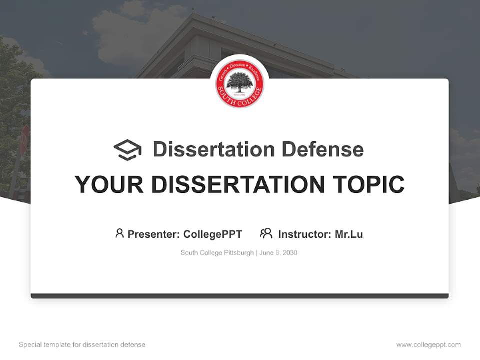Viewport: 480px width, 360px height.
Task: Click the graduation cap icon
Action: (127, 150)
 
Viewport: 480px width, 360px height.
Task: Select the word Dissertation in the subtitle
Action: (213, 149)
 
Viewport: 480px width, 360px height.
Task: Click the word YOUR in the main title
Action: (109, 184)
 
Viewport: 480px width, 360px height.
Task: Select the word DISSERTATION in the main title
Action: (237, 184)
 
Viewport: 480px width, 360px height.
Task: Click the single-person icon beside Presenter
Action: (119, 233)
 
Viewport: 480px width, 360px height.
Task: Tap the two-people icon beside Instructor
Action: (266, 233)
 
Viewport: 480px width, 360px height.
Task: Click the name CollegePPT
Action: (213, 234)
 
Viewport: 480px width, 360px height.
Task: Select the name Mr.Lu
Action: (349, 234)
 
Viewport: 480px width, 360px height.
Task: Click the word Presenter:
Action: (154, 234)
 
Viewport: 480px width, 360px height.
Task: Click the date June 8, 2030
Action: (278, 253)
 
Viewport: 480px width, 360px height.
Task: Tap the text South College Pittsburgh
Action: (217, 253)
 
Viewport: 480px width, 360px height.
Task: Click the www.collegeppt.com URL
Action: (428, 345)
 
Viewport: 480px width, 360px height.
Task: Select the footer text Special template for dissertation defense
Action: (82, 345)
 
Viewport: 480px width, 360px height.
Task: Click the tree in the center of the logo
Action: (240, 81)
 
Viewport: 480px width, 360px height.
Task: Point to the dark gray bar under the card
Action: (240, 296)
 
